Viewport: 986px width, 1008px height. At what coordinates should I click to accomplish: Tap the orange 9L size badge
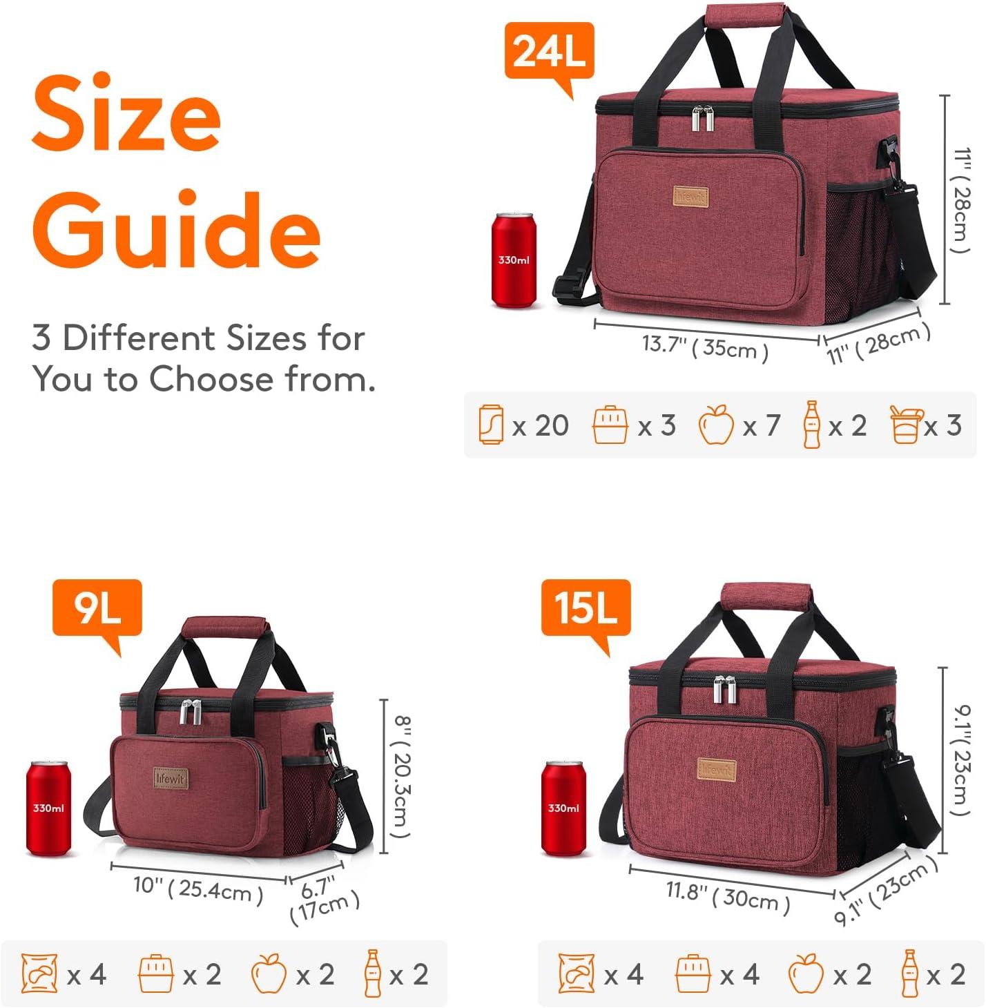[97, 608]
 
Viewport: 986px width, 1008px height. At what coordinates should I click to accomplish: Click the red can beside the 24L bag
[513, 260]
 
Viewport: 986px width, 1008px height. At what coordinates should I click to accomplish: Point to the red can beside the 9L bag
[48, 808]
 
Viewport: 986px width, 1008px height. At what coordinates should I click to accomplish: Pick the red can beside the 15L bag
[563, 808]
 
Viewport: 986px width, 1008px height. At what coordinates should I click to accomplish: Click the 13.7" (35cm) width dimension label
[705, 347]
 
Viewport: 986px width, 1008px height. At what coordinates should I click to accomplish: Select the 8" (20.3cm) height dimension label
[400, 776]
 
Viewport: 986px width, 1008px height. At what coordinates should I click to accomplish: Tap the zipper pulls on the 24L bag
[703, 118]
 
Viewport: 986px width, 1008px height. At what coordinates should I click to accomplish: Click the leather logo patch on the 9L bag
[170, 779]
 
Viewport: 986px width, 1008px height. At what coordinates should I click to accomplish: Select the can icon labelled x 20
[490, 425]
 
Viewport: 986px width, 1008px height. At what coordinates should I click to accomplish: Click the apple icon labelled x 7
[716, 425]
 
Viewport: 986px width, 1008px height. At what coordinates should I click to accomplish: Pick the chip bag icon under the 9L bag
[39, 973]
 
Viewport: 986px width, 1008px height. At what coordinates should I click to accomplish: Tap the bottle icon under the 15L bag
[910, 973]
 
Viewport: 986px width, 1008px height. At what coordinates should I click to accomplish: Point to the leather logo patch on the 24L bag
[690, 197]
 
